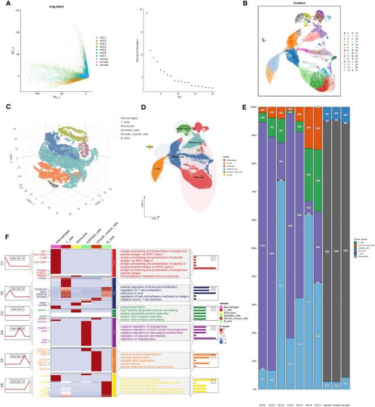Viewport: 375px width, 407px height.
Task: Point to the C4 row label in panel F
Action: [x=4, y=328]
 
